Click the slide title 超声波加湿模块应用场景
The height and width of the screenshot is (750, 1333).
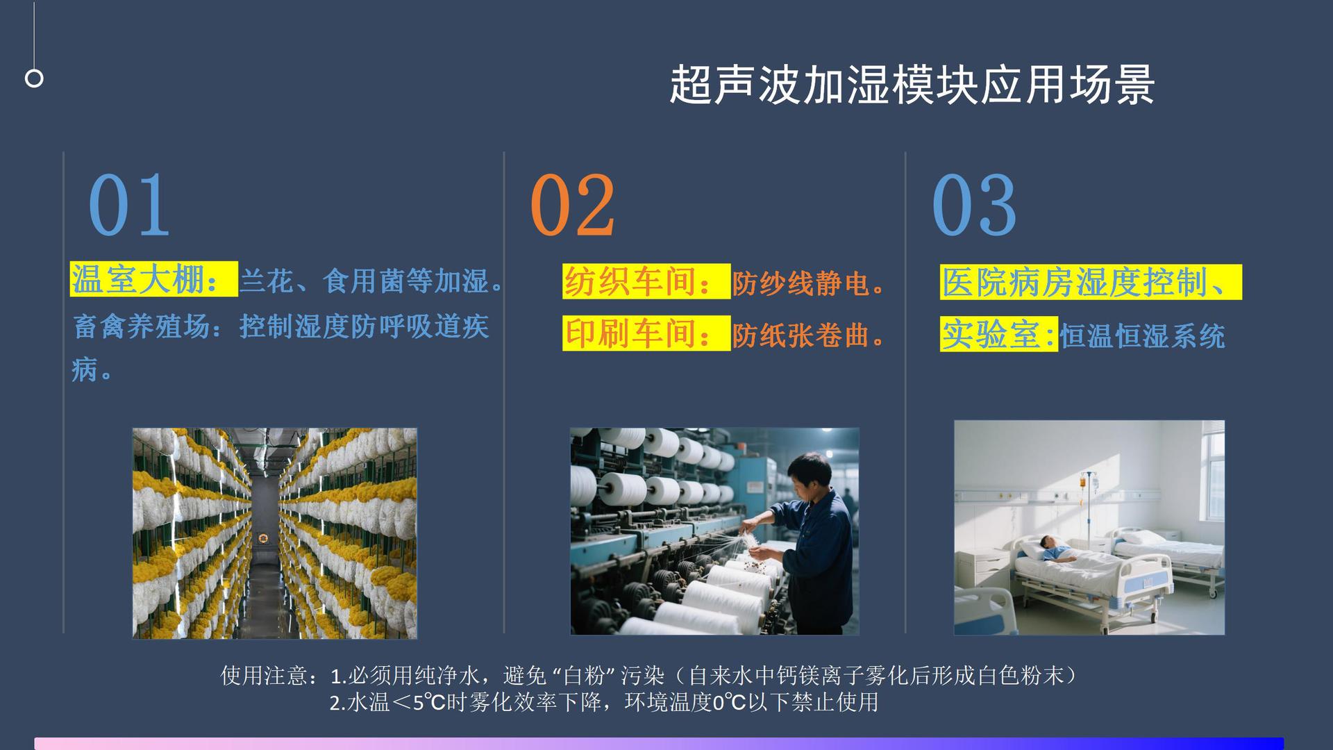(x=912, y=85)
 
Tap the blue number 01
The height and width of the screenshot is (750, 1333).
(x=129, y=206)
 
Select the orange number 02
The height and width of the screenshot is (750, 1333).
(x=572, y=206)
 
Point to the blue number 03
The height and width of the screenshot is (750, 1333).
(x=974, y=206)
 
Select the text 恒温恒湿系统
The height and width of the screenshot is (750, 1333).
(x=1142, y=336)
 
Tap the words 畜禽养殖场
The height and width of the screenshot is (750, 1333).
(x=142, y=326)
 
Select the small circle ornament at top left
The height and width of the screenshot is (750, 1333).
(x=34, y=78)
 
